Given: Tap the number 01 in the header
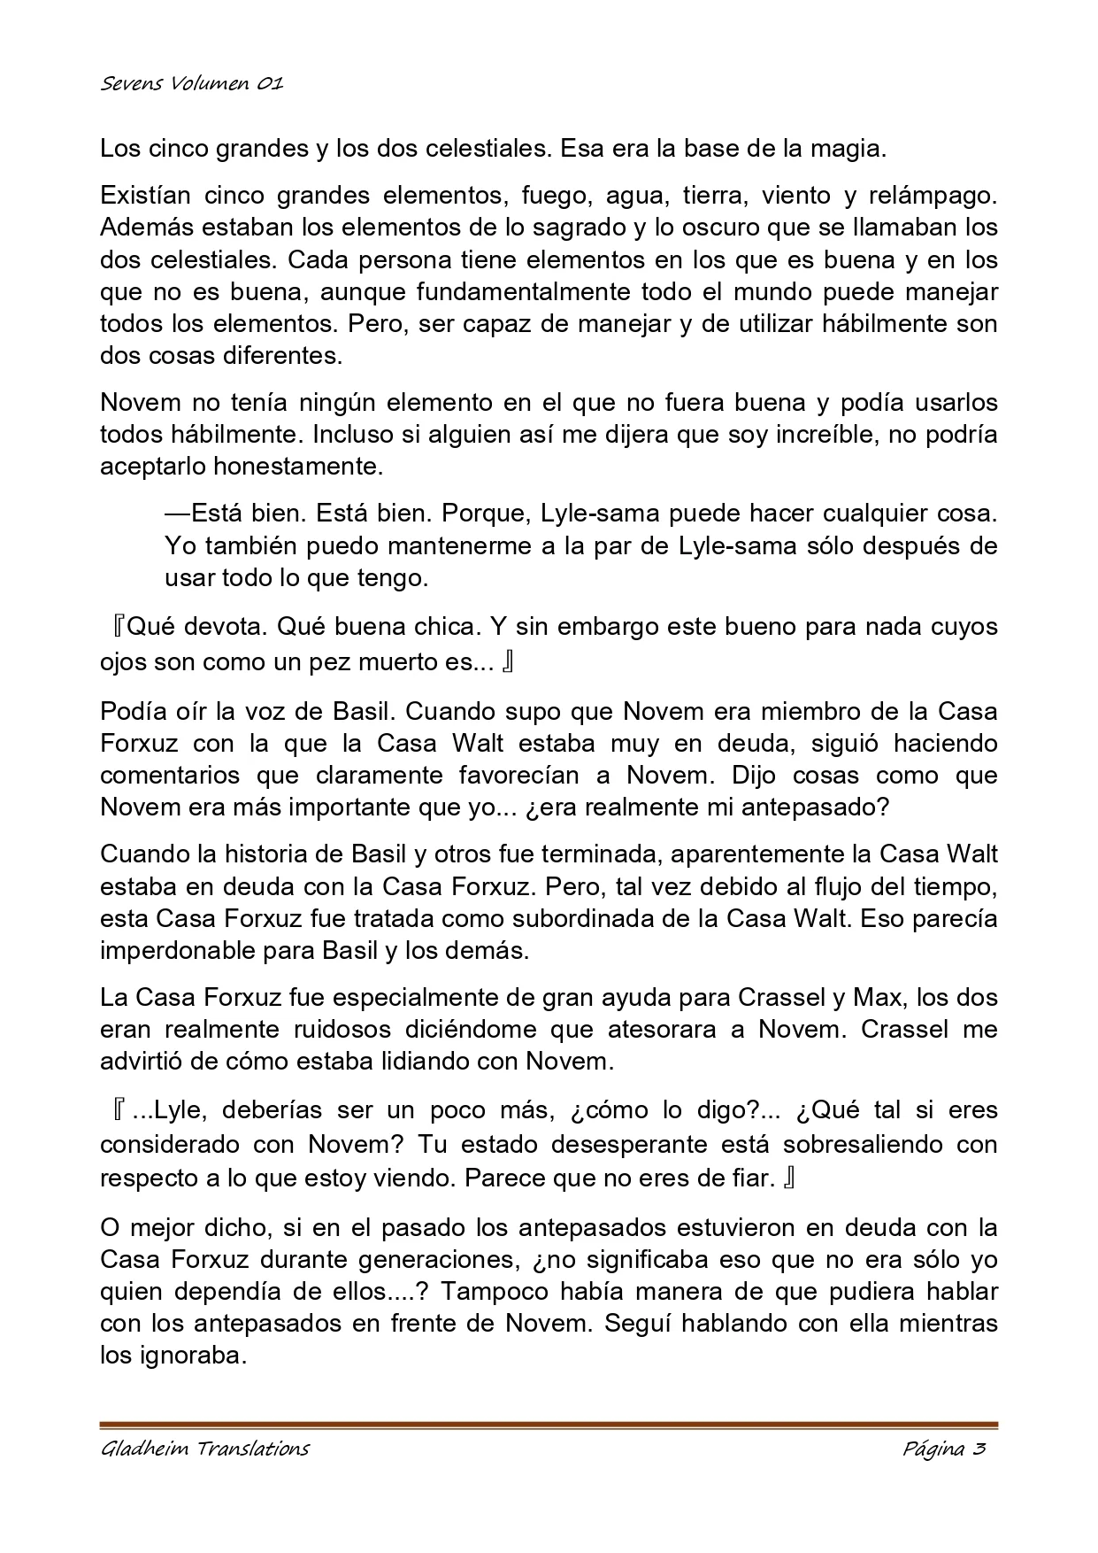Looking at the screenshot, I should [x=270, y=84].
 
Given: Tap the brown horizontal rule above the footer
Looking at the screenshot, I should [x=549, y=1424].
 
